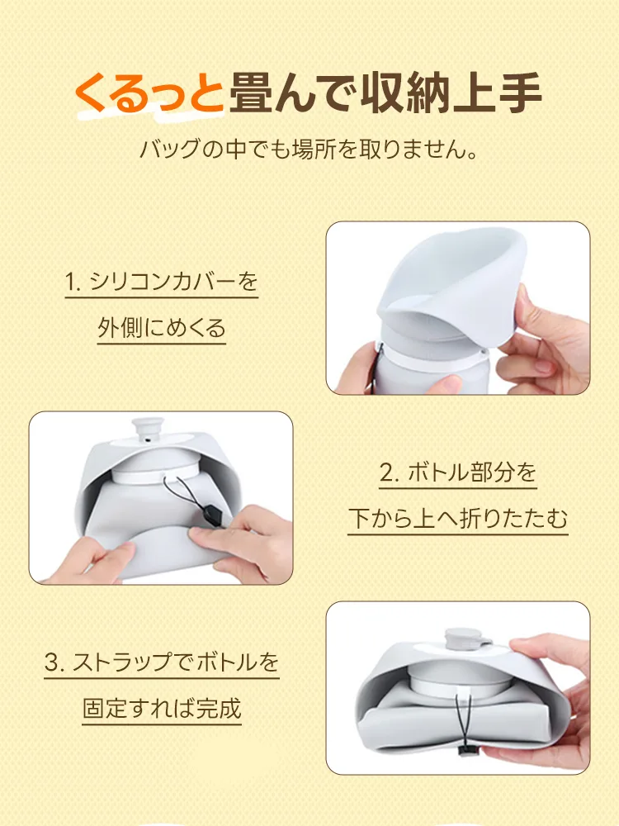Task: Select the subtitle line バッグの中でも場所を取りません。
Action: (309, 151)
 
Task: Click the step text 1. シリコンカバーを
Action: (162, 283)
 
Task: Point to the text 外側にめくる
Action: (162, 328)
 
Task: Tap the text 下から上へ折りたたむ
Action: (458, 519)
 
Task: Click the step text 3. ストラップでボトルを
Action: (162, 662)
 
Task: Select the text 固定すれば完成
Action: (162, 708)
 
